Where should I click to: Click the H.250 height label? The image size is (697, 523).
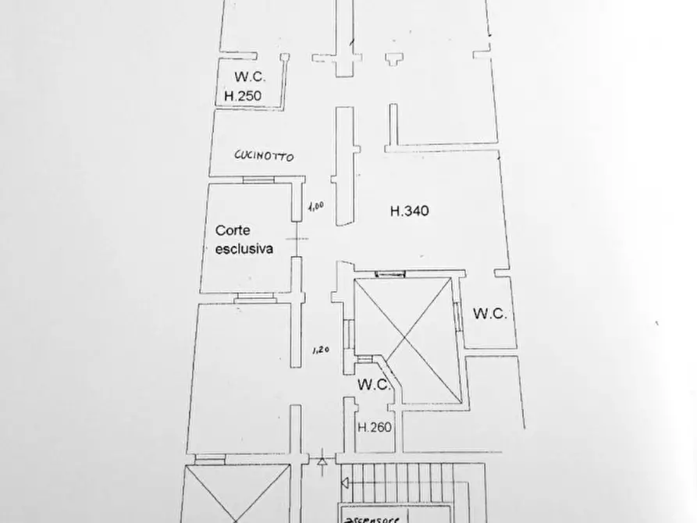pos(242,97)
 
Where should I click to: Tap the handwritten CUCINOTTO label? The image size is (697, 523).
pos(265,156)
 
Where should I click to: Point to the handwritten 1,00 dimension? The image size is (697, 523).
pos(315,207)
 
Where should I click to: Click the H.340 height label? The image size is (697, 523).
pos(410,210)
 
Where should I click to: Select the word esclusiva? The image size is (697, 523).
pos(244,249)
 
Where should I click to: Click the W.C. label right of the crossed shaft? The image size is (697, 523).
pos(489,315)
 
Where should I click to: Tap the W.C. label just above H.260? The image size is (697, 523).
pos(373,385)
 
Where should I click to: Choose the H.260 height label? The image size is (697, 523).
pos(374,427)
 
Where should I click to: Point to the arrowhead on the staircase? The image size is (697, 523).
pos(346,483)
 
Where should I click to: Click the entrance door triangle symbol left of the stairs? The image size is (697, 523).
pos(322,461)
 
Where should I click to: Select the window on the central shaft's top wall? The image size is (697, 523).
pos(389,273)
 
